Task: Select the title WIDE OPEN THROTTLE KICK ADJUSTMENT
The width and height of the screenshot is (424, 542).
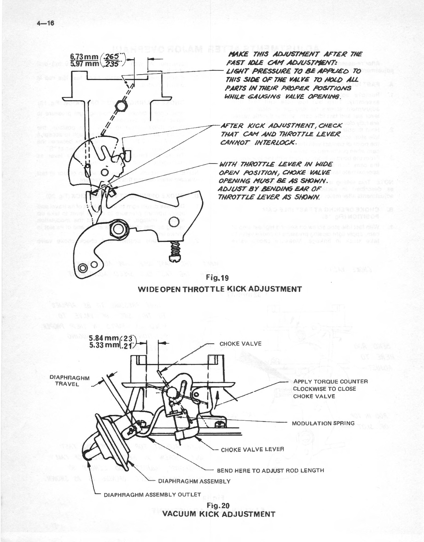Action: (220, 289)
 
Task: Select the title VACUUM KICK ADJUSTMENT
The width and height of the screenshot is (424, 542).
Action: (219, 514)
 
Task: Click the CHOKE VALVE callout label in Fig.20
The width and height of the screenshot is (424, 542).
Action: (240, 344)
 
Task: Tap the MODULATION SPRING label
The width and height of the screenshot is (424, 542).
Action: (323, 423)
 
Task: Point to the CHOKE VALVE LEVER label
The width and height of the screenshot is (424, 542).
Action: (252, 450)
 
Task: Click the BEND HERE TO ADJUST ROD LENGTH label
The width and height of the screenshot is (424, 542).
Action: (270, 470)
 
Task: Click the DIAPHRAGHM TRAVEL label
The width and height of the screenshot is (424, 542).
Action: (69, 381)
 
